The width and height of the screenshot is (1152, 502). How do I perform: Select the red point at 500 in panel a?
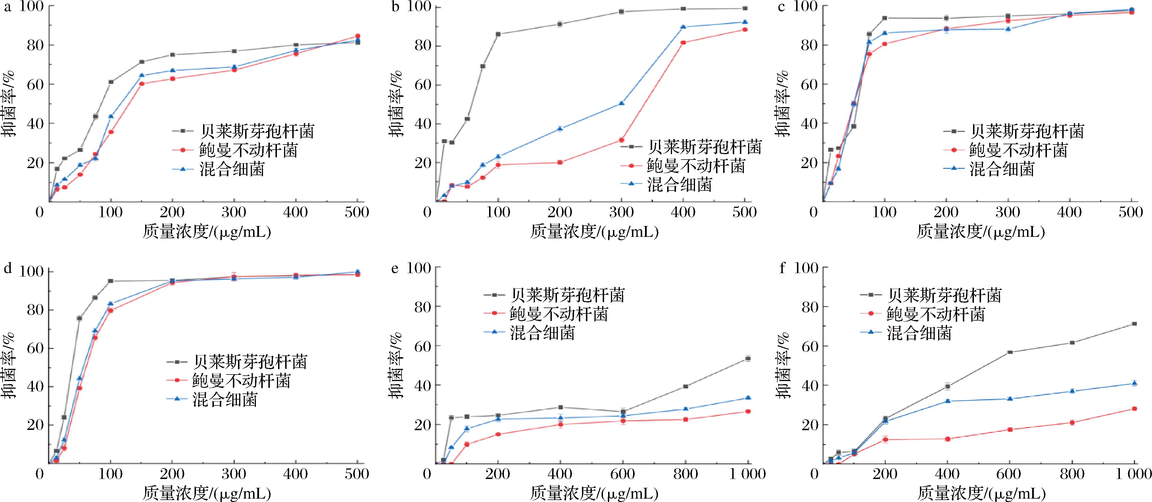pyautogui.click(x=357, y=36)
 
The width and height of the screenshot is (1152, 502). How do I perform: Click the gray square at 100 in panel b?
pyautogui.click(x=498, y=34)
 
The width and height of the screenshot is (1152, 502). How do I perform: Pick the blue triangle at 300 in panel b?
pyautogui.click(x=622, y=103)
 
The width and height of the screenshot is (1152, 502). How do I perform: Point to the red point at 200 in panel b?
pyautogui.click(x=560, y=162)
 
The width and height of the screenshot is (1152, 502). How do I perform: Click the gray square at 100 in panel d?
pyautogui.click(x=110, y=281)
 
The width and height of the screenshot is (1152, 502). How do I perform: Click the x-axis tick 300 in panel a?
pyautogui.click(x=234, y=212)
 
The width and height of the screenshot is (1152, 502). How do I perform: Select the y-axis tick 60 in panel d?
pyautogui.click(x=35, y=348)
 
